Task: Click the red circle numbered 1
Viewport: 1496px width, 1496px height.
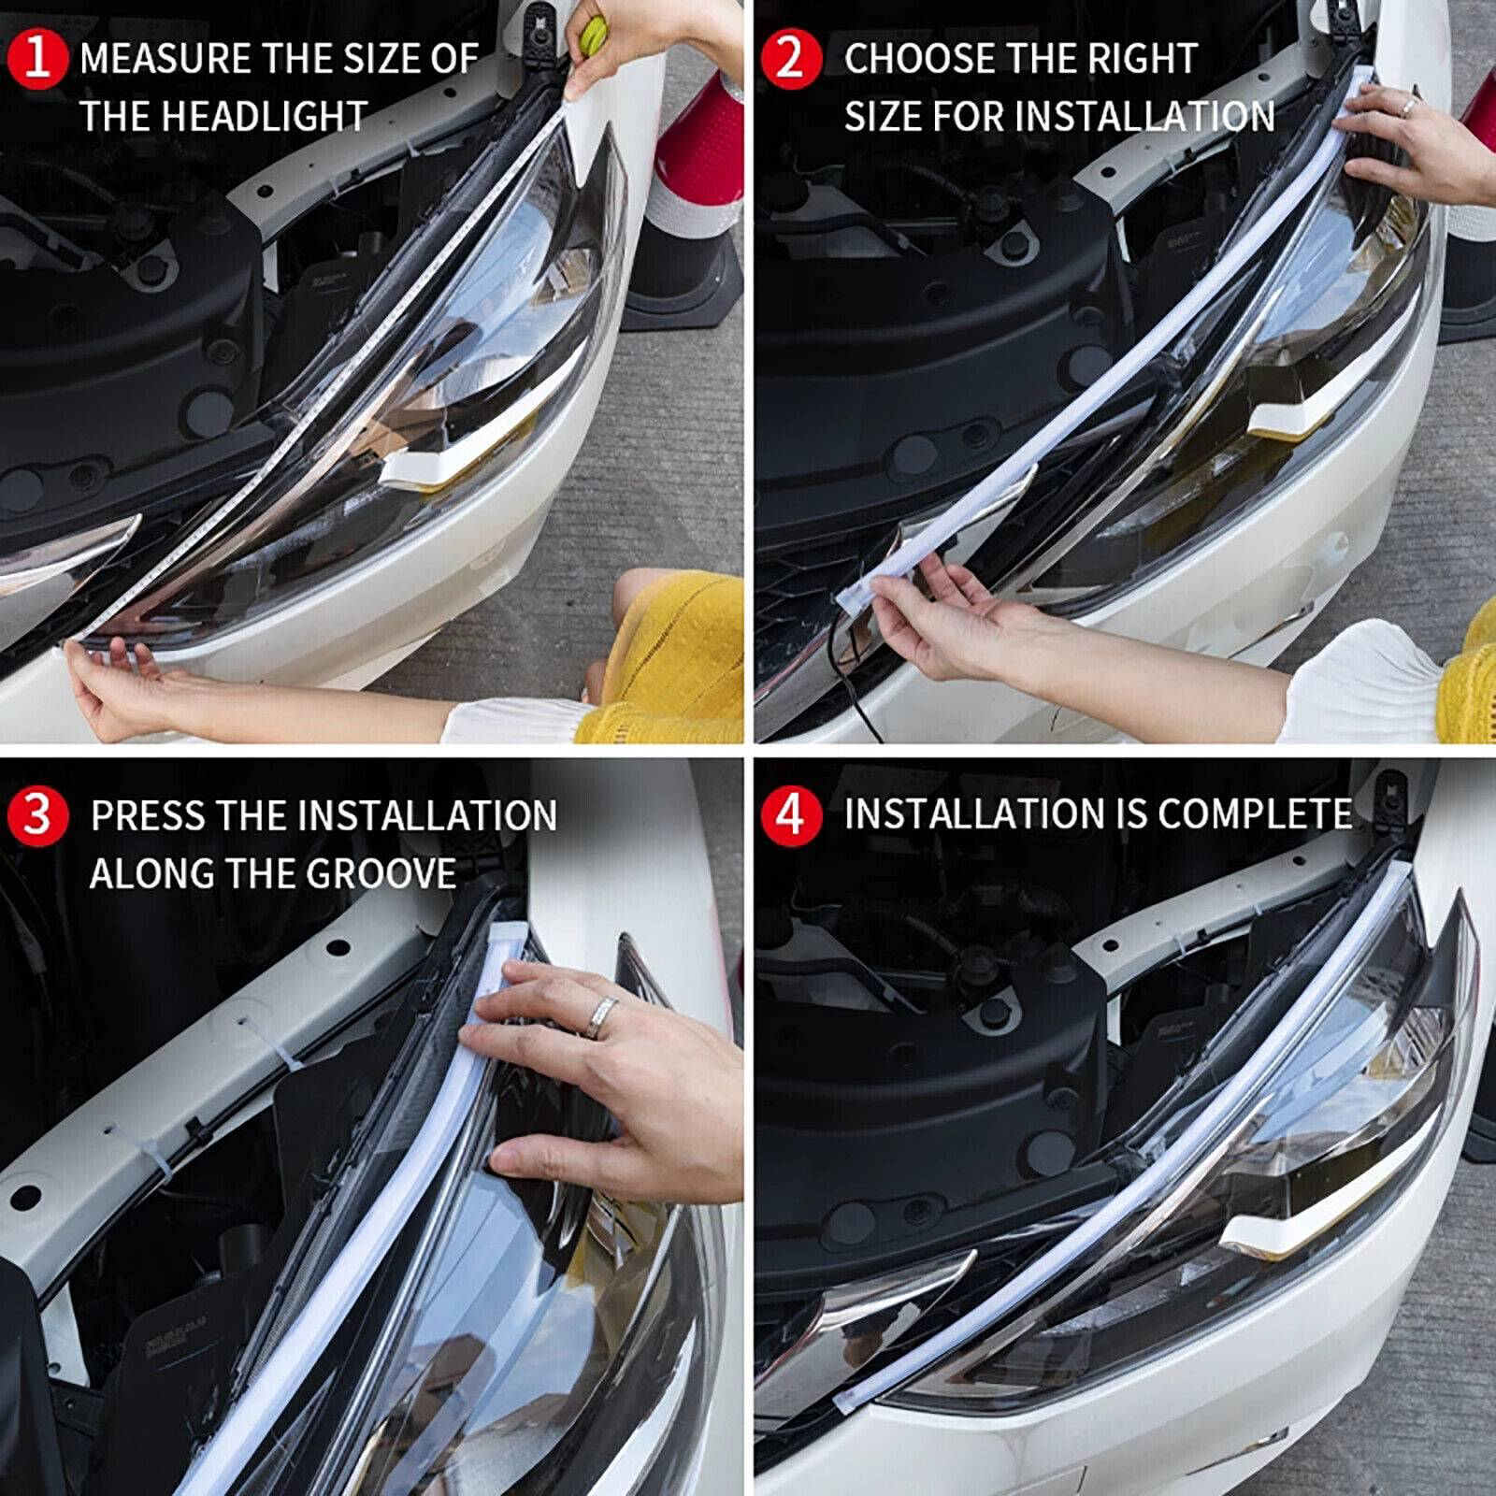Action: [37, 58]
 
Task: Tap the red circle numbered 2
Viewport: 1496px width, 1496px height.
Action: [790, 58]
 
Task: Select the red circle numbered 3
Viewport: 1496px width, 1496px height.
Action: [37, 815]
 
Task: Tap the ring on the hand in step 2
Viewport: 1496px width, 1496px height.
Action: [1407, 107]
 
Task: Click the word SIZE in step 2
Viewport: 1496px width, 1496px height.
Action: [878, 117]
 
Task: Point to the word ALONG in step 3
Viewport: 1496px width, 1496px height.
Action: [150, 874]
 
